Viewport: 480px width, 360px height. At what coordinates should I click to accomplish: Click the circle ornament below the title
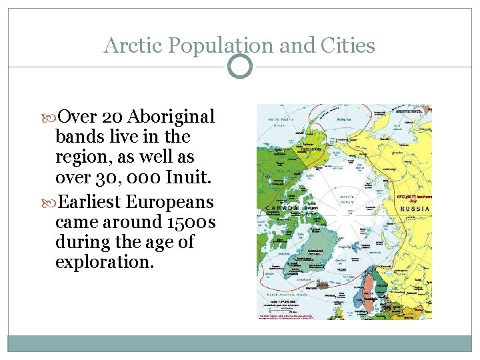click(x=240, y=67)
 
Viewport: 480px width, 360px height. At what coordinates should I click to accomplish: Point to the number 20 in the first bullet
click(x=111, y=117)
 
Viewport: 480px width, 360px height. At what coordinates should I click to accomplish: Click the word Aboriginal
click(x=171, y=117)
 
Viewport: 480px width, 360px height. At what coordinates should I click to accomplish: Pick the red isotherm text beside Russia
click(x=414, y=198)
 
